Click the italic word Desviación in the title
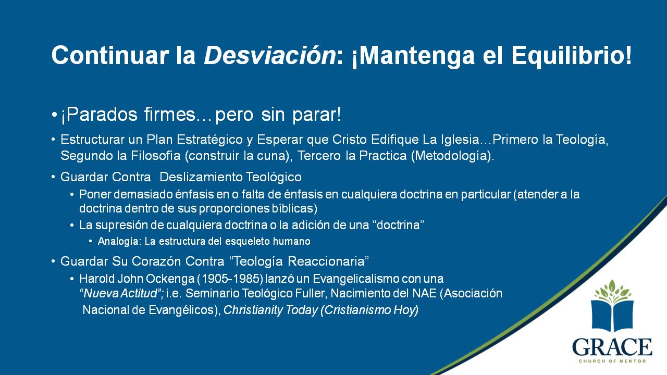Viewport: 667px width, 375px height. pos(269,55)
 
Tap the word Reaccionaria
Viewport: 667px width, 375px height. pos(328,261)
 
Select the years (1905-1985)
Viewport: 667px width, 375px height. pos(230,279)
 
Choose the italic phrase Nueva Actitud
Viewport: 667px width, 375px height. pos(120,293)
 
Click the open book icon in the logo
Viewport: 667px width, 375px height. pos(612,315)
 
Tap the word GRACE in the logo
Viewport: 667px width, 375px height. pos(612,347)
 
